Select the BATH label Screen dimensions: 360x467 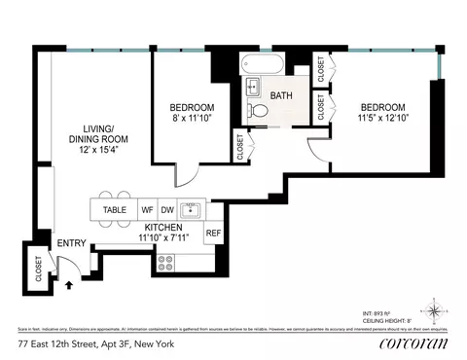[281, 95]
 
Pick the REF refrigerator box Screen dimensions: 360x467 [212, 234]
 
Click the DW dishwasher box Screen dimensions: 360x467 [167, 209]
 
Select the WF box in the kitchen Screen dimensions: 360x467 [148, 209]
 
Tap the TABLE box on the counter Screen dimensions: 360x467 [115, 209]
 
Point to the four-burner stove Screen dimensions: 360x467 [165, 261]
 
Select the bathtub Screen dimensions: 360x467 [263, 70]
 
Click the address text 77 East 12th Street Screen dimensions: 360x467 [92, 343]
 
